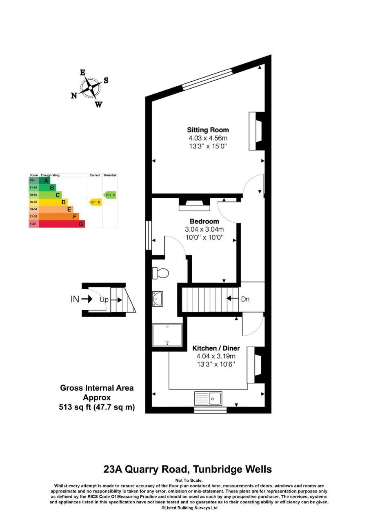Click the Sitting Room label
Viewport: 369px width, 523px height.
point(208,130)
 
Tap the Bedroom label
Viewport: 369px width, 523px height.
point(204,221)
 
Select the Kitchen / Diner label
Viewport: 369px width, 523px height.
point(216,349)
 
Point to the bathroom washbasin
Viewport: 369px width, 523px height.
point(157,299)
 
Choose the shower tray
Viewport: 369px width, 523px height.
point(167,335)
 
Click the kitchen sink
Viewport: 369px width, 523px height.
point(208,398)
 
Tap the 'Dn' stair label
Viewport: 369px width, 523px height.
point(245,299)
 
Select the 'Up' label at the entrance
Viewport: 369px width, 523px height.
point(104,299)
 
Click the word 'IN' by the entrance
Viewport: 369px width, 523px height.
point(75,299)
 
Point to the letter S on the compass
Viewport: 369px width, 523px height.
point(106,80)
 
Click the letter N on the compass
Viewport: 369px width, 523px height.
point(74,96)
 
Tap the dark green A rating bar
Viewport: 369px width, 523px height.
point(44,180)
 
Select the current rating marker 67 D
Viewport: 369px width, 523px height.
point(95,202)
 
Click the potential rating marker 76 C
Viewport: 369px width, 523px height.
point(109,195)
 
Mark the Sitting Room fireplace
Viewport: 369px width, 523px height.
point(256,131)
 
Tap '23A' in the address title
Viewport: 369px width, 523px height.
point(113,469)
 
